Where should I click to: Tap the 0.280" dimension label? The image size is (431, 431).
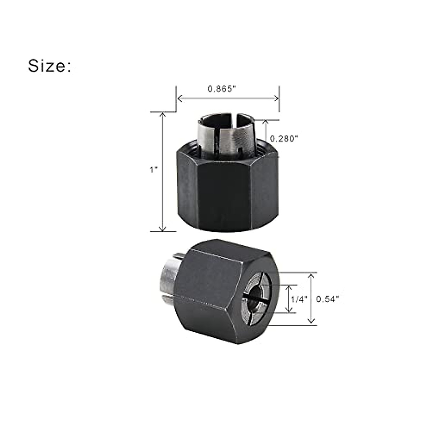[284, 138]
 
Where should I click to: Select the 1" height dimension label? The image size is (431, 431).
[154, 169]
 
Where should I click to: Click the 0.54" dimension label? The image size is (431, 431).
[328, 299]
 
